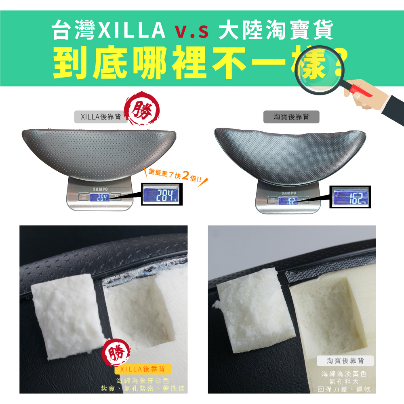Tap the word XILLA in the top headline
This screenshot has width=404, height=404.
132,30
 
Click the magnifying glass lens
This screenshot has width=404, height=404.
320,69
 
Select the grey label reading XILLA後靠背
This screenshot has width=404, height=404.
101,117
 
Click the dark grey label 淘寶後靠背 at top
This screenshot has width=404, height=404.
291,117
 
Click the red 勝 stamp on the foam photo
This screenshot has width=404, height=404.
116,352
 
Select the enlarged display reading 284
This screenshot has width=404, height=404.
162,194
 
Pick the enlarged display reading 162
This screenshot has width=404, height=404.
350,197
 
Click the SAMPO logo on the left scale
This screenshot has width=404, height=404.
100,189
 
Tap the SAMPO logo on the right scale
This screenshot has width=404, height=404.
288,193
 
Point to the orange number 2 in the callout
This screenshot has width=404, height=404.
185,175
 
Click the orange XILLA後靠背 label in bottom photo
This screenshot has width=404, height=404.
143,369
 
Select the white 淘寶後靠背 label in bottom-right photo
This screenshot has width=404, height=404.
345,361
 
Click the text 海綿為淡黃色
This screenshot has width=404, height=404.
344,374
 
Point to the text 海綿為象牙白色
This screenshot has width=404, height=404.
143,381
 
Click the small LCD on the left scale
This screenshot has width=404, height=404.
100,198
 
